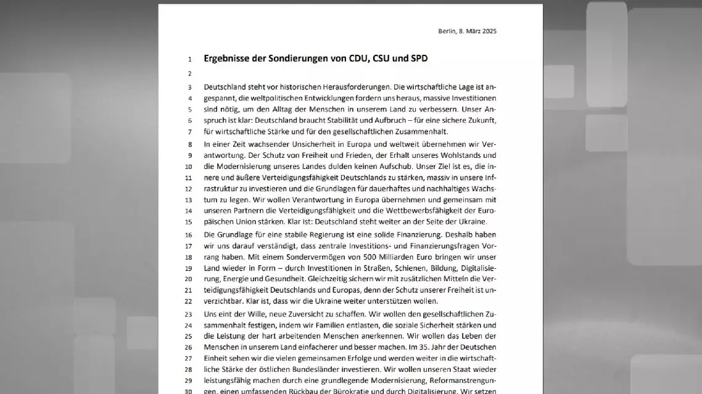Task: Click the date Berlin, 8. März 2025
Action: pyautogui.click(x=467, y=31)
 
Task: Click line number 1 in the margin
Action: pyautogui.click(x=190, y=59)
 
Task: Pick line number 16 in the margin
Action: pyautogui.click(x=189, y=235)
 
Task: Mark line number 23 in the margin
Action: pyautogui.click(x=189, y=314)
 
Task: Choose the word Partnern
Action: pyautogui.click(x=252, y=211)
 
